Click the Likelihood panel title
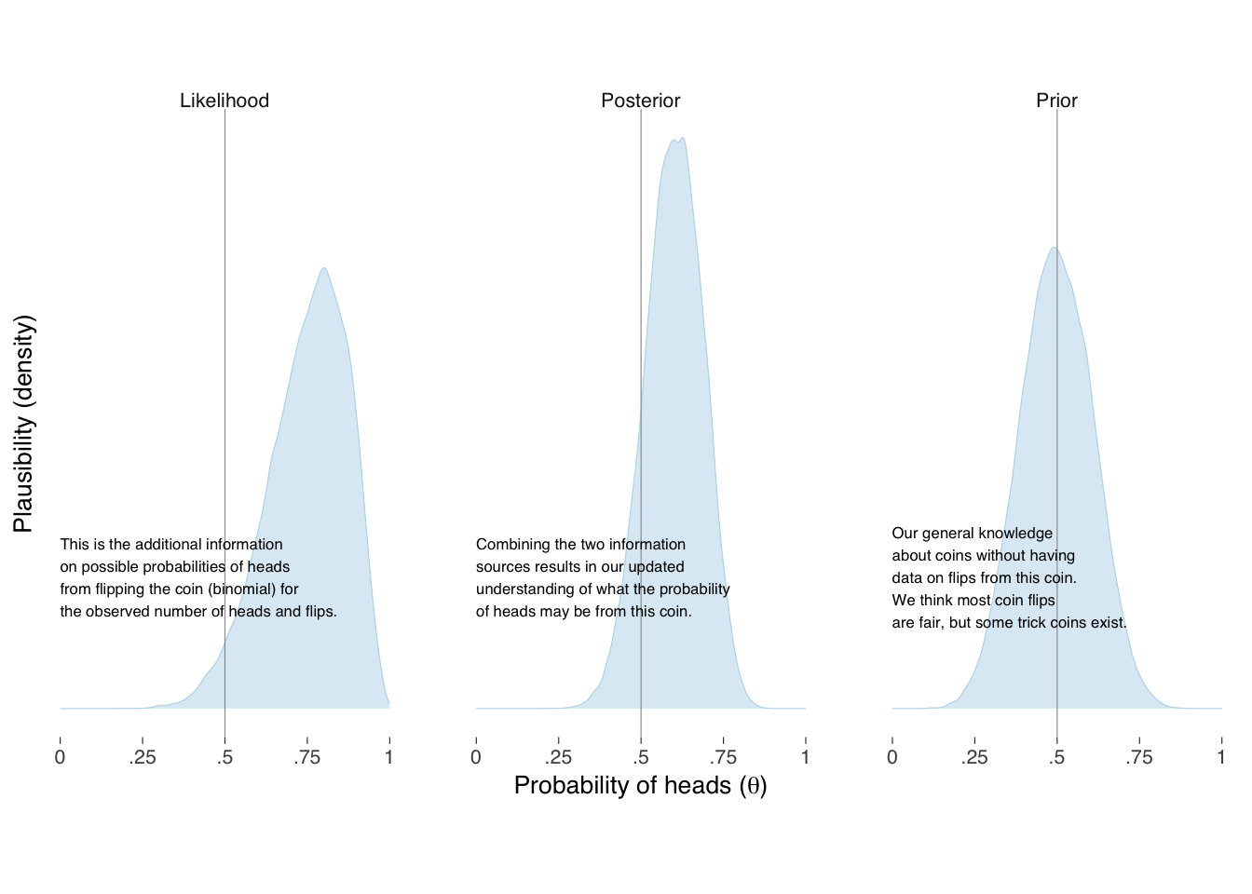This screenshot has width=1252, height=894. pyautogui.click(x=225, y=101)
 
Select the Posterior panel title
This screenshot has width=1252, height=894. pyautogui.click(x=641, y=101)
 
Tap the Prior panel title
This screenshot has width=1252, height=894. pyautogui.click(x=1056, y=101)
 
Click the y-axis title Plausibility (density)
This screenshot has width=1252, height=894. pyautogui.click(x=24, y=424)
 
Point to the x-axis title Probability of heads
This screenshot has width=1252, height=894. pyautogui.click(x=641, y=786)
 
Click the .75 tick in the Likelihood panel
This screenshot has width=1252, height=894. pyautogui.click(x=306, y=757)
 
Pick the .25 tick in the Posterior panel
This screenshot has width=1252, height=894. pyautogui.click(x=558, y=757)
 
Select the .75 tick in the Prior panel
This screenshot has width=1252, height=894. pyautogui.click(x=1138, y=757)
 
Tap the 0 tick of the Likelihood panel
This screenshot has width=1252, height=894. pyautogui.click(x=61, y=757)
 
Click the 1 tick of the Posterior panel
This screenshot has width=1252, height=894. pyautogui.click(x=805, y=757)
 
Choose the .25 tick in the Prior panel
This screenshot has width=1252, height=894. pyautogui.click(x=974, y=757)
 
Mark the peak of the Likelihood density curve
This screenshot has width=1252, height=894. pyautogui.click(x=324, y=268)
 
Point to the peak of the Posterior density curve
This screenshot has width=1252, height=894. pyautogui.click(x=683, y=139)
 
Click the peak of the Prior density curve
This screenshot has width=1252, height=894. pyautogui.click(x=1054, y=247)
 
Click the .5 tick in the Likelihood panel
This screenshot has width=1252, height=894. pyautogui.click(x=225, y=757)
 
